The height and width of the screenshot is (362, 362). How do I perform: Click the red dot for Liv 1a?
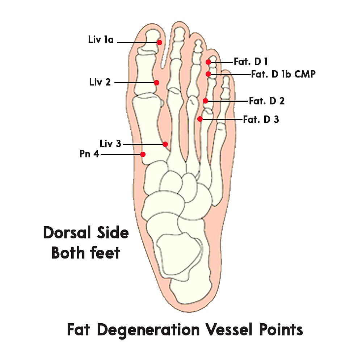(159, 42)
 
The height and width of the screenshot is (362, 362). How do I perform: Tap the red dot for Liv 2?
(156, 83)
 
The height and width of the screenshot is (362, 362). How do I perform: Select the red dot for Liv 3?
(165, 144)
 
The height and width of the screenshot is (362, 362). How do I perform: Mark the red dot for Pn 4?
(143, 154)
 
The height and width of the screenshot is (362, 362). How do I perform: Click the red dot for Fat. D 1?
(209, 62)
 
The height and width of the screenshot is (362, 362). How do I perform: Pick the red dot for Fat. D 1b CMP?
(208, 74)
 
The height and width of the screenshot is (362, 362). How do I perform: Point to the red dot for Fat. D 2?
(205, 101)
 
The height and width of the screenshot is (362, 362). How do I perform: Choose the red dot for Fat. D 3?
(200, 119)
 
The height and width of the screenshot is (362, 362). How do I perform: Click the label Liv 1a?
(101, 39)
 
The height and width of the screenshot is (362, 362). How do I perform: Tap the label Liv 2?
(100, 82)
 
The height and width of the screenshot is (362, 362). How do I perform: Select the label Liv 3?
(110, 144)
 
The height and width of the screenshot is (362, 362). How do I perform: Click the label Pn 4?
(89, 154)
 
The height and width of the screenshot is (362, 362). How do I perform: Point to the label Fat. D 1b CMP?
(283, 75)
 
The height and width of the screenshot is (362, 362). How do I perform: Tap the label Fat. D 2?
(267, 101)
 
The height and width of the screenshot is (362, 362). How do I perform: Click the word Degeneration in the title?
(148, 330)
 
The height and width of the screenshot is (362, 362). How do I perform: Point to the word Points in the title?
(284, 330)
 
